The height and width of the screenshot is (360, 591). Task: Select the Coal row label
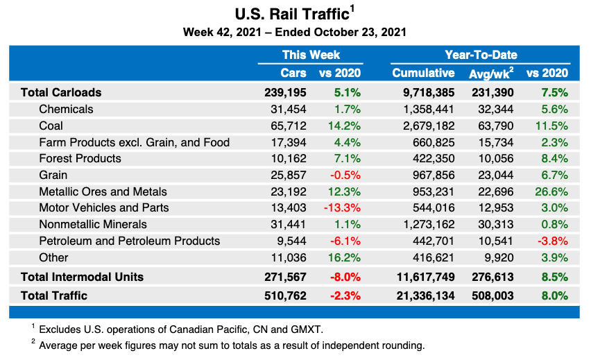[51, 126]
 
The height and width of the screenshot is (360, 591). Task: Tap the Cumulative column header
[423, 73]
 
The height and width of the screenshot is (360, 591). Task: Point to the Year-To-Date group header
[481, 55]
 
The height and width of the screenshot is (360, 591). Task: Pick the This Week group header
[311, 55]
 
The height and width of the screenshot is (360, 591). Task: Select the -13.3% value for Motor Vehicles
[341, 208]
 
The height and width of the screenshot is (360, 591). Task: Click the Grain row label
[53, 175]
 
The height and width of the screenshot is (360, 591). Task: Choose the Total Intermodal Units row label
[82, 277]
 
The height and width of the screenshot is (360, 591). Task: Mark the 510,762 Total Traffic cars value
[286, 295]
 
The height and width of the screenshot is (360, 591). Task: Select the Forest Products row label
[80, 158]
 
